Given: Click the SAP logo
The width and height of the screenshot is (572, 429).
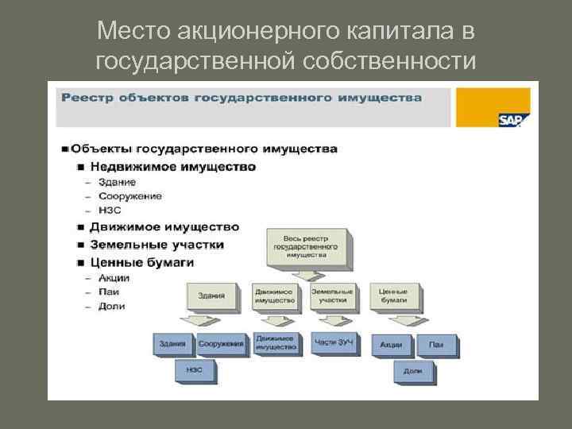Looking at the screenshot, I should click(x=514, y=120).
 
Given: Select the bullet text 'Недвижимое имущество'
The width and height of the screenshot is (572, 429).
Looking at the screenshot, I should click(x=172, y=167).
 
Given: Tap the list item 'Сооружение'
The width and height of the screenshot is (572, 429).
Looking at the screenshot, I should click(x=130, y=196).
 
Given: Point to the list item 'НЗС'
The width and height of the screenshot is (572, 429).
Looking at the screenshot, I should click(x=110, y=211).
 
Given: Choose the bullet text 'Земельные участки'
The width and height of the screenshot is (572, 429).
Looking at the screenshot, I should click(x=157, y=245).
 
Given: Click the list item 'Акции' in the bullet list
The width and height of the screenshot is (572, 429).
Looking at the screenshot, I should click(x=114, y=278).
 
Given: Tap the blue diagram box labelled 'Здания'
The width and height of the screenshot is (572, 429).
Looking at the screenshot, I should click(x=172, y=344).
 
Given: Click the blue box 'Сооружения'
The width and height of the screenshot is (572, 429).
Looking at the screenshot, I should click(x=220, y=344).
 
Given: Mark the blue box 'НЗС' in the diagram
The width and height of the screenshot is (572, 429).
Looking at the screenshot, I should click(x=194, y=369).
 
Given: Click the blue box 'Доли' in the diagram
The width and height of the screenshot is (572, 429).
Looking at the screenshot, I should click(x=412, y=370).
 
